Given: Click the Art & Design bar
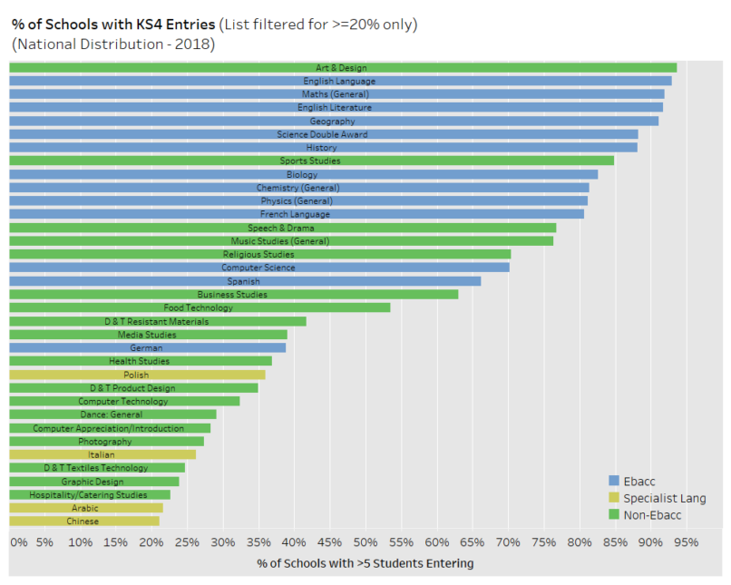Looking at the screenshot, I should point(342,68).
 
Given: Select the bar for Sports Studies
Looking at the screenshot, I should point(311,161).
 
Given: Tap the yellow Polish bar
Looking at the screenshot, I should point(136,375).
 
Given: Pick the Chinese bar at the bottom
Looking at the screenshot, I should point(83,522).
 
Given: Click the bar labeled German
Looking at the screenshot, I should point(147,348).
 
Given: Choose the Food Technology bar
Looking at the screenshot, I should point(199,307).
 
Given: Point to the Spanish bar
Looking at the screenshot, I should point(244,281).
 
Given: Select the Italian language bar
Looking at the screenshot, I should point(102,454).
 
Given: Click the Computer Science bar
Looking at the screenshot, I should point(258,268).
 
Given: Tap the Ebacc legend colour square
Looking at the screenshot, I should point(614,481).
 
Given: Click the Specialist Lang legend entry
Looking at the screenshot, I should point(664,498).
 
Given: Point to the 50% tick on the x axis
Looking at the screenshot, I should point(365,542).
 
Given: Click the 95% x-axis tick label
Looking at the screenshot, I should point(687,542).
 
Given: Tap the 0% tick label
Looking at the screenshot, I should point(18,542).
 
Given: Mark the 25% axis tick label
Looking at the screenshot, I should point(187,542).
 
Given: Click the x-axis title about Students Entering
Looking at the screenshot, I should point(365,563).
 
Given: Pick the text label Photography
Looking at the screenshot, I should point(105,442).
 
